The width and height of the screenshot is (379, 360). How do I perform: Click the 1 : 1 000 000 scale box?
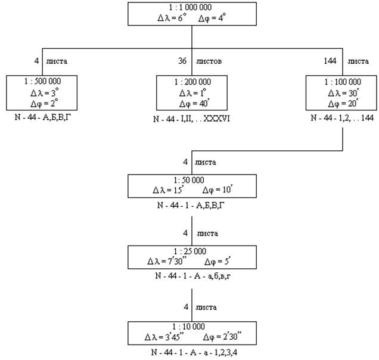192,13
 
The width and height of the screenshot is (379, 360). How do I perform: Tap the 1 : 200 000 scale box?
192,92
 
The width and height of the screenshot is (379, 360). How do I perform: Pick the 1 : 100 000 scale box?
341,92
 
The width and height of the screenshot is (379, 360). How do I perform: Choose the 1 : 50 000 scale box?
192,185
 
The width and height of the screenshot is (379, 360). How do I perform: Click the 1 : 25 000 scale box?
192,256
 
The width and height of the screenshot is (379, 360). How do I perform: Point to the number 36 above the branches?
182,60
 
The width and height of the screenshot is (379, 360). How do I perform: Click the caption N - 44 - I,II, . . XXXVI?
192,118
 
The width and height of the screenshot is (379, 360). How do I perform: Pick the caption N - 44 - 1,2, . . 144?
341,118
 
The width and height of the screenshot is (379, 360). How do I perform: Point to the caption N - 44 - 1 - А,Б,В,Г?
192,205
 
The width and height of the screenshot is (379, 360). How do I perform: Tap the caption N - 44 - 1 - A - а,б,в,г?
192,276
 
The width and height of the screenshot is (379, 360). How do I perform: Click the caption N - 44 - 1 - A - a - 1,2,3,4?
192,352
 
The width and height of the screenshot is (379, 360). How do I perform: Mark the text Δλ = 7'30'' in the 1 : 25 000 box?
165,261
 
